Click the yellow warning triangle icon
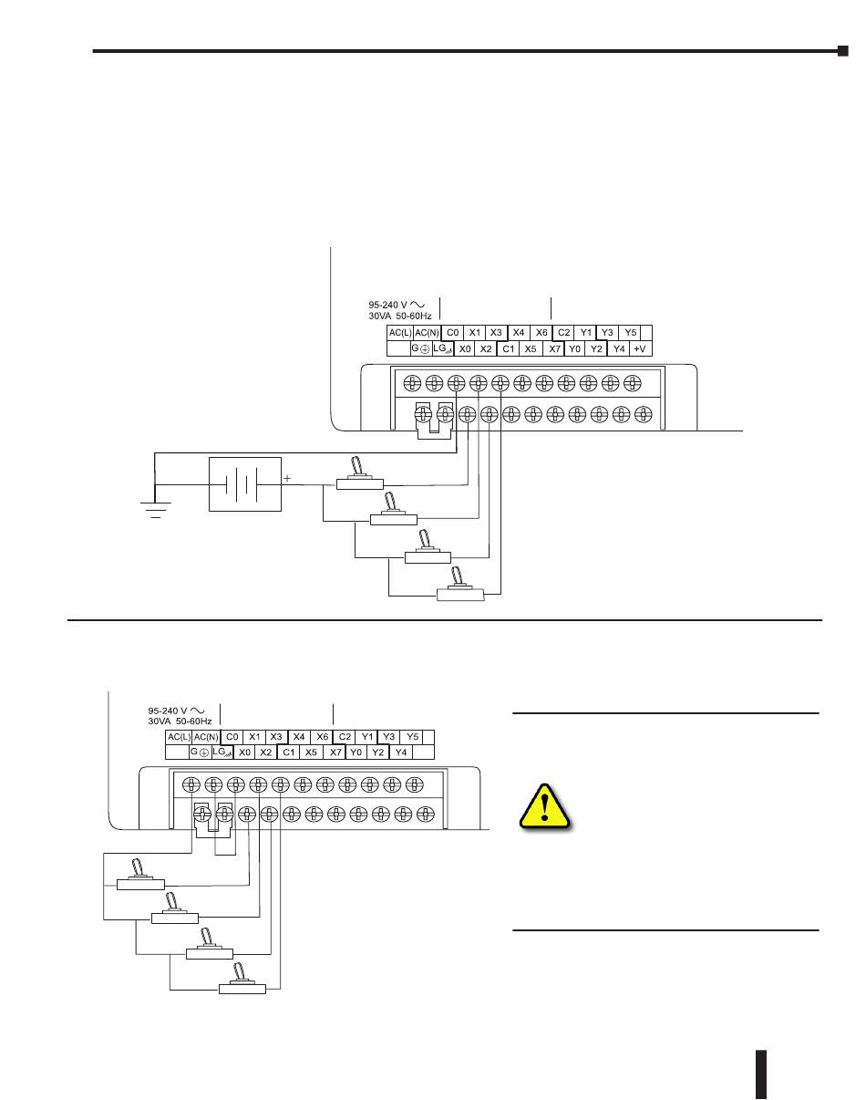point(545,805)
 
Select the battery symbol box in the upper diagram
point(244,483)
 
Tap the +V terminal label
point(641,348)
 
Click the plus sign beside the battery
point(287,478)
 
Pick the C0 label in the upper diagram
point(453,333)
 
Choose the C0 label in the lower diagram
point(232,737)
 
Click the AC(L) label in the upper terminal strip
point(400,333)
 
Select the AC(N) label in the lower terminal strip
point(206,737)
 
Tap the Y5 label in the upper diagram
point(630,333)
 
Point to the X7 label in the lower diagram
point(335,752)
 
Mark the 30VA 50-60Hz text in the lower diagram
point(180,721)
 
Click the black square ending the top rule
point(843,51)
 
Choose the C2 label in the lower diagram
point(345,737)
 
